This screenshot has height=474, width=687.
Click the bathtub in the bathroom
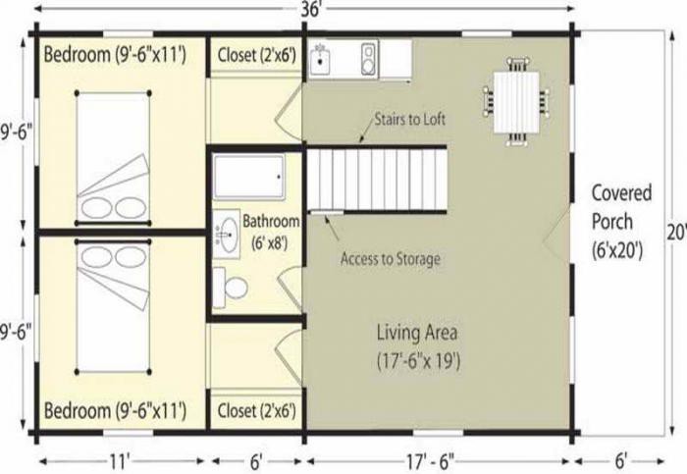pyautogui.click(x=249, y=176)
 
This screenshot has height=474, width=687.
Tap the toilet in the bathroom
pyautogui.click(x=231, y=288)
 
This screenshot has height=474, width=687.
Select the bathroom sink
pyautogui.click(x=227, y=234)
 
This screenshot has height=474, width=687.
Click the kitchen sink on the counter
pyautogui.click(x=322, y=58)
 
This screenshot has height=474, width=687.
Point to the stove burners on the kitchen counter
pyautogui.click(x=369, y=59)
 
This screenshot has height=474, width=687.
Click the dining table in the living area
pyautogui.click(x=516, y=102)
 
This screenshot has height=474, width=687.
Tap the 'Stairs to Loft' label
pyautogui.click(x=409, y=119)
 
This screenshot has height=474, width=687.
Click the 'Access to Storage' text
pyautogui.click(x=391, y=259)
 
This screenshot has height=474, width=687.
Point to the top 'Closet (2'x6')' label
pyautogui.click(x=257, y=56)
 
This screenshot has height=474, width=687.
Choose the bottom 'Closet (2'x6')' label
pyautogui.click(x=257, y=411)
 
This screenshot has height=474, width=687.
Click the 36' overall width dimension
pyautogui.click(x=311, y=10)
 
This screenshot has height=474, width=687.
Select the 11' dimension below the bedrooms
pyautogui.click(x=119, y=461)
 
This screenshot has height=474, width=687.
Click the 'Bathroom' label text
pyautogui.click(x=271, y=221)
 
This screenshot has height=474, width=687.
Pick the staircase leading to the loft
pyautogui.click(x=377, y=180)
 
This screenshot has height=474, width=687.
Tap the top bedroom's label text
pyautogui.click(x=115, y=55)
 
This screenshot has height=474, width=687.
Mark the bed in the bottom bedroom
pyautogui.click(x=113, y=306)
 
